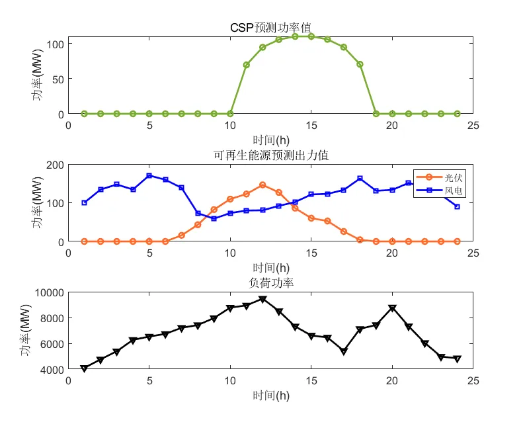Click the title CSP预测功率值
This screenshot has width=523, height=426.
(270, 28)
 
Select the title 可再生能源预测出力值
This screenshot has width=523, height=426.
(270, 156)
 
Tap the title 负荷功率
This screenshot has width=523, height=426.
(270, 284)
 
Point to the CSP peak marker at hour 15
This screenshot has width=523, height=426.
(311, 36)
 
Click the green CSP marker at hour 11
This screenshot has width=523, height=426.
(247, 65)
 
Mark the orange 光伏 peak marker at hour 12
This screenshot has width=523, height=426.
(262, 185)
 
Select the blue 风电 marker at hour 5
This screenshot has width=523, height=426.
(149, 175)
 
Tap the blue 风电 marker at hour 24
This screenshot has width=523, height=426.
(457, 206)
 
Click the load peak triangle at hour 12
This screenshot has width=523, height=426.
(262, 299)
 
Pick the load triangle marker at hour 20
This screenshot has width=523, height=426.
(392, 308)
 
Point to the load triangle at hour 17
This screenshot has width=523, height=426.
(344, 352)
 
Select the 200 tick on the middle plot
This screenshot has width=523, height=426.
(56, 165)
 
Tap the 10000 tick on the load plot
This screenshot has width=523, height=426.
(50, 292)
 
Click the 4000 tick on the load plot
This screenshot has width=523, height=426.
(52, 369)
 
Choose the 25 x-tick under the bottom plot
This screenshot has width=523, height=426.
(473, 381)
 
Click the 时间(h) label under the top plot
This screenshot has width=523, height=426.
(270, 140)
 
